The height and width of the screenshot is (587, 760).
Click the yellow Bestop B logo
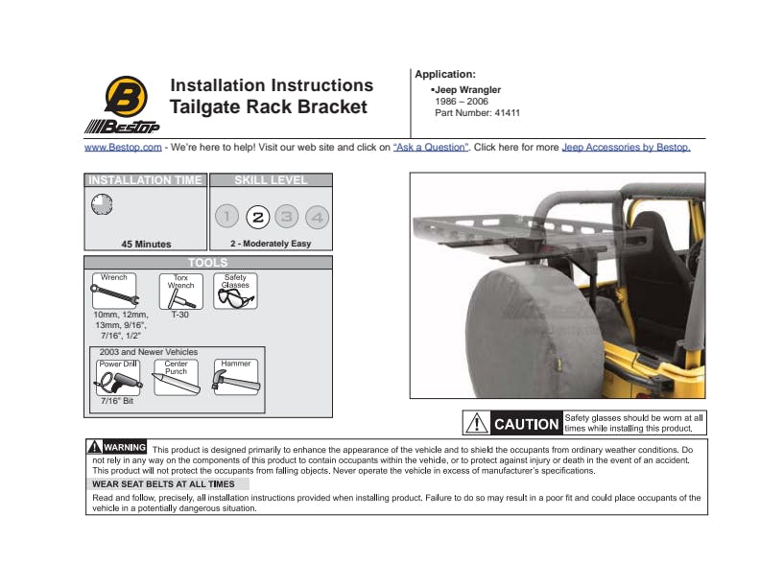pyautogui.click(x=126, y=96)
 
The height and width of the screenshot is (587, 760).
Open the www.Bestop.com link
pyautogui.click(x=123, y=148)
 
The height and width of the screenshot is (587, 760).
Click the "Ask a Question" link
pyautogui.click(x=431, y=148)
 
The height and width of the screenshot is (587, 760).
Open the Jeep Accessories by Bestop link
pyautogui.click(x=627, y=148)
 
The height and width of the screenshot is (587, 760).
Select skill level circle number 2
pyautogui.click(x=258, y=217)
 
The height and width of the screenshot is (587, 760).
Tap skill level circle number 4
pyautogui.click(x=317, y=217)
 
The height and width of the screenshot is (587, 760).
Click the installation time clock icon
pyautogui.click(x=102, y=204)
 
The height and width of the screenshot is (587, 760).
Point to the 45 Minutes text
pyautogui.click(x=147, y=244)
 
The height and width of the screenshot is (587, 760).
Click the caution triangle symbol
pyautogui.click(x=477, y=423)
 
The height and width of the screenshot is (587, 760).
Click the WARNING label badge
pyautogui.click(x=117, y=447)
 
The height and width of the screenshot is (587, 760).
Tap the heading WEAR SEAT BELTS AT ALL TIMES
pyautogui.click(x=163, y=483)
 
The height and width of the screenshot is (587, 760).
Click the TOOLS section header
pyautogui.click(x=208, y=263)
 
